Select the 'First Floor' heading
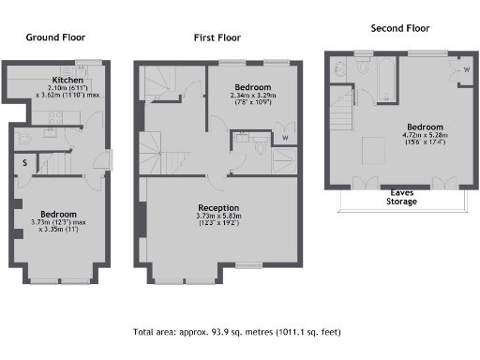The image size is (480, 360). (x=217, y=38)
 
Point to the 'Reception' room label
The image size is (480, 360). (x=217, y=207)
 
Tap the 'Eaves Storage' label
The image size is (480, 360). (x=403, y=195)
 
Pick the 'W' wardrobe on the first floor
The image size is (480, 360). (x=285, y=137)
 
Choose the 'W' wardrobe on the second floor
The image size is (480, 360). (x=466, y=70)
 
